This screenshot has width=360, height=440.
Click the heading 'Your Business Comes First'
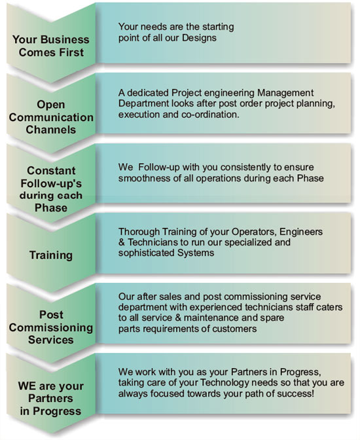pos(51,46)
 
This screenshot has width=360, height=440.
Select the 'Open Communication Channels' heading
pos(51,117)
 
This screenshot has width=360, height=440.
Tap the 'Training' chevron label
pos(51,255)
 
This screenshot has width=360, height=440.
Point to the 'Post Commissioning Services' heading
pos(51,327)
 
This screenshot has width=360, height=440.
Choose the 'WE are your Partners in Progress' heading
pos(51,399)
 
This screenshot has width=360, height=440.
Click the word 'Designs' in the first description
pos(199,38)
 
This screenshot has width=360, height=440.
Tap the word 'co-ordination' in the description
pos(210,115)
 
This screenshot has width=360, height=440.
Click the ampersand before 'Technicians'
pos(122,242)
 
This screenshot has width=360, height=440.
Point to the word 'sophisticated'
pos(147,253)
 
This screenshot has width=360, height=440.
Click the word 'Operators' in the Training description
pos(254,232)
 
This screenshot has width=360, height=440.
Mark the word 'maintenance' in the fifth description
pos(210,318)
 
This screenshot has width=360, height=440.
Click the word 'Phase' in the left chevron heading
pos(51,208)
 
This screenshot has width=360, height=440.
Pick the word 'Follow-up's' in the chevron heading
pos(51,183)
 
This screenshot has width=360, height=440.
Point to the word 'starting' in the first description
pos(218,27)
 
